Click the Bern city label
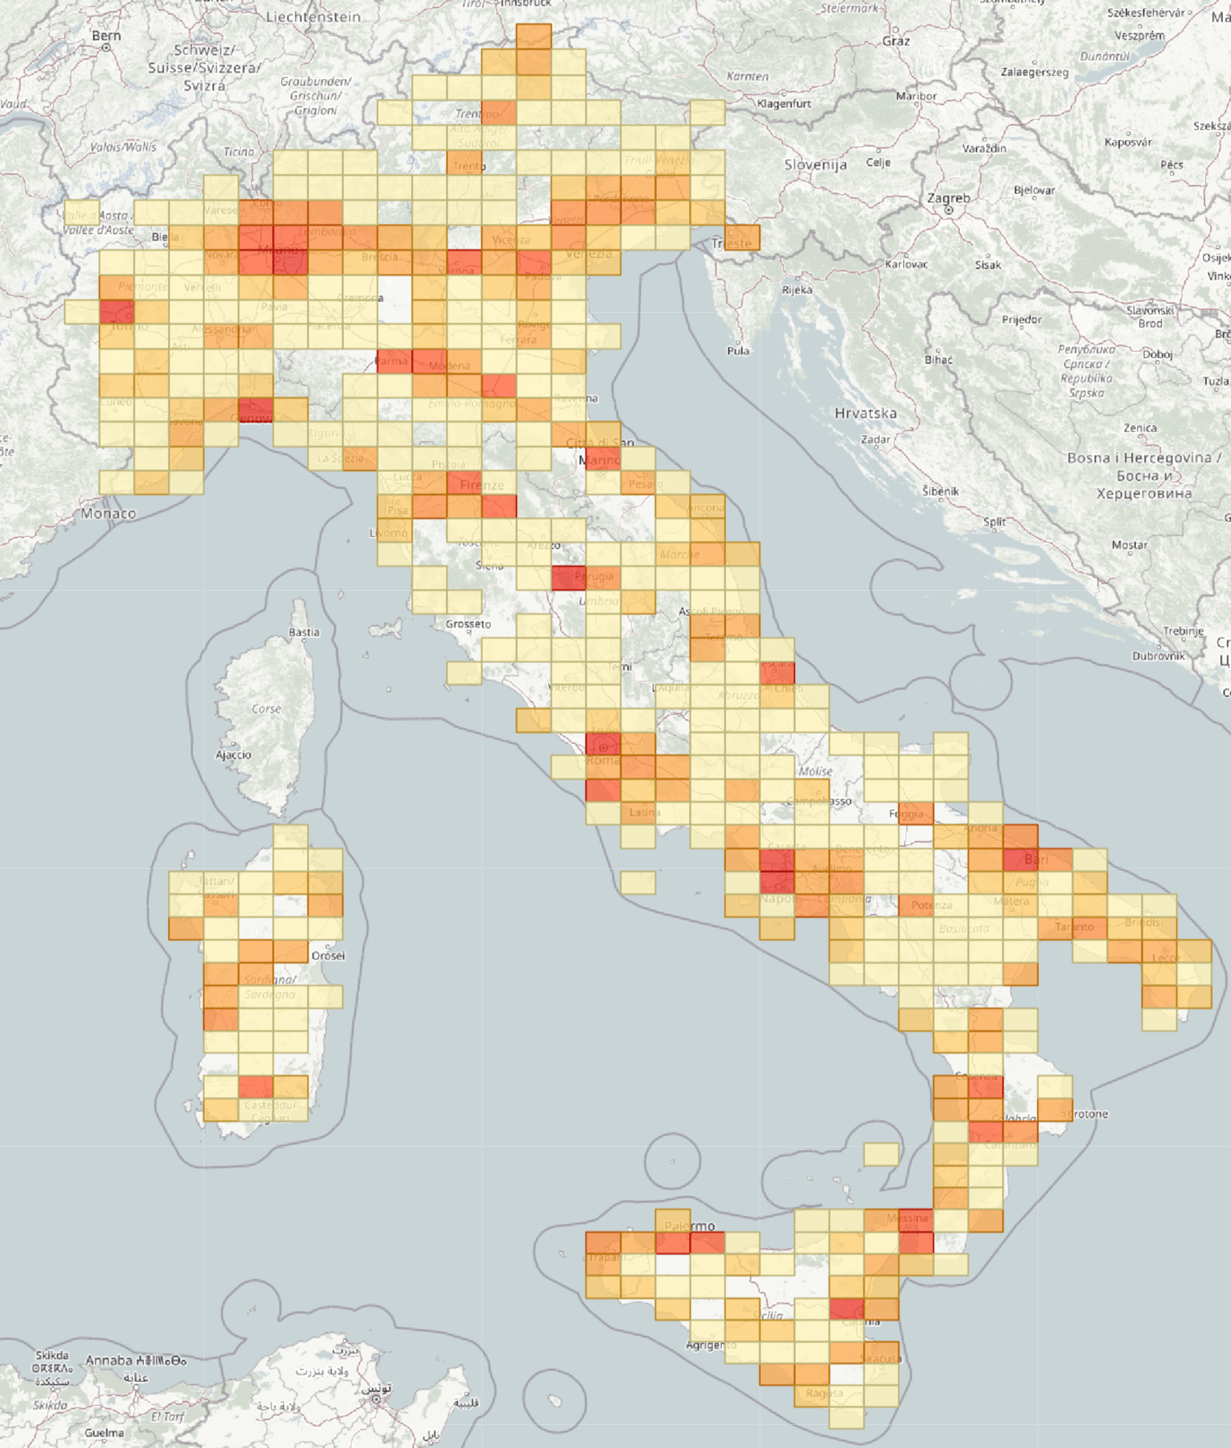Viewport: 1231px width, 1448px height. point(106,35)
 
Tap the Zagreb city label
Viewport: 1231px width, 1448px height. point(948,198)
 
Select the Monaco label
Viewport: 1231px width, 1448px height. point(109,513)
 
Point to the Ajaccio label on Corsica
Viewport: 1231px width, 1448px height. point(233,754)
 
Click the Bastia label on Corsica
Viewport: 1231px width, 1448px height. point(303,632)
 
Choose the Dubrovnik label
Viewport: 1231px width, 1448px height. point(1159,656)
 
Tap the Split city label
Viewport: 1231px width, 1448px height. point(994,521)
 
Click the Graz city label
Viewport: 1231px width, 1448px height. point(896,41)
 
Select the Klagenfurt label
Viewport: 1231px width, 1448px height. point(783,104)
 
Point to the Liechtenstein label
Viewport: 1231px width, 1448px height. point(313,17)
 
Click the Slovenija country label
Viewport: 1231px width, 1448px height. point(815,165)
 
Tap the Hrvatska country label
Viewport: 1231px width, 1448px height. point(865,413)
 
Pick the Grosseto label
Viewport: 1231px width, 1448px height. point(468,623)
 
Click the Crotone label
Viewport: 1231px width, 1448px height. point(1088,1114)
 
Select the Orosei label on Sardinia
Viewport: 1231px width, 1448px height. point(328,956)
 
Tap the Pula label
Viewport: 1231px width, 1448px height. point(738,350)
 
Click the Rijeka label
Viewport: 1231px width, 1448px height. point(797,290)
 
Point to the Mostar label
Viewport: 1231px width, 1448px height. point(1130,544)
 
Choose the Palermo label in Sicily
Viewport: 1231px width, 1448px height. point(689,1226)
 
